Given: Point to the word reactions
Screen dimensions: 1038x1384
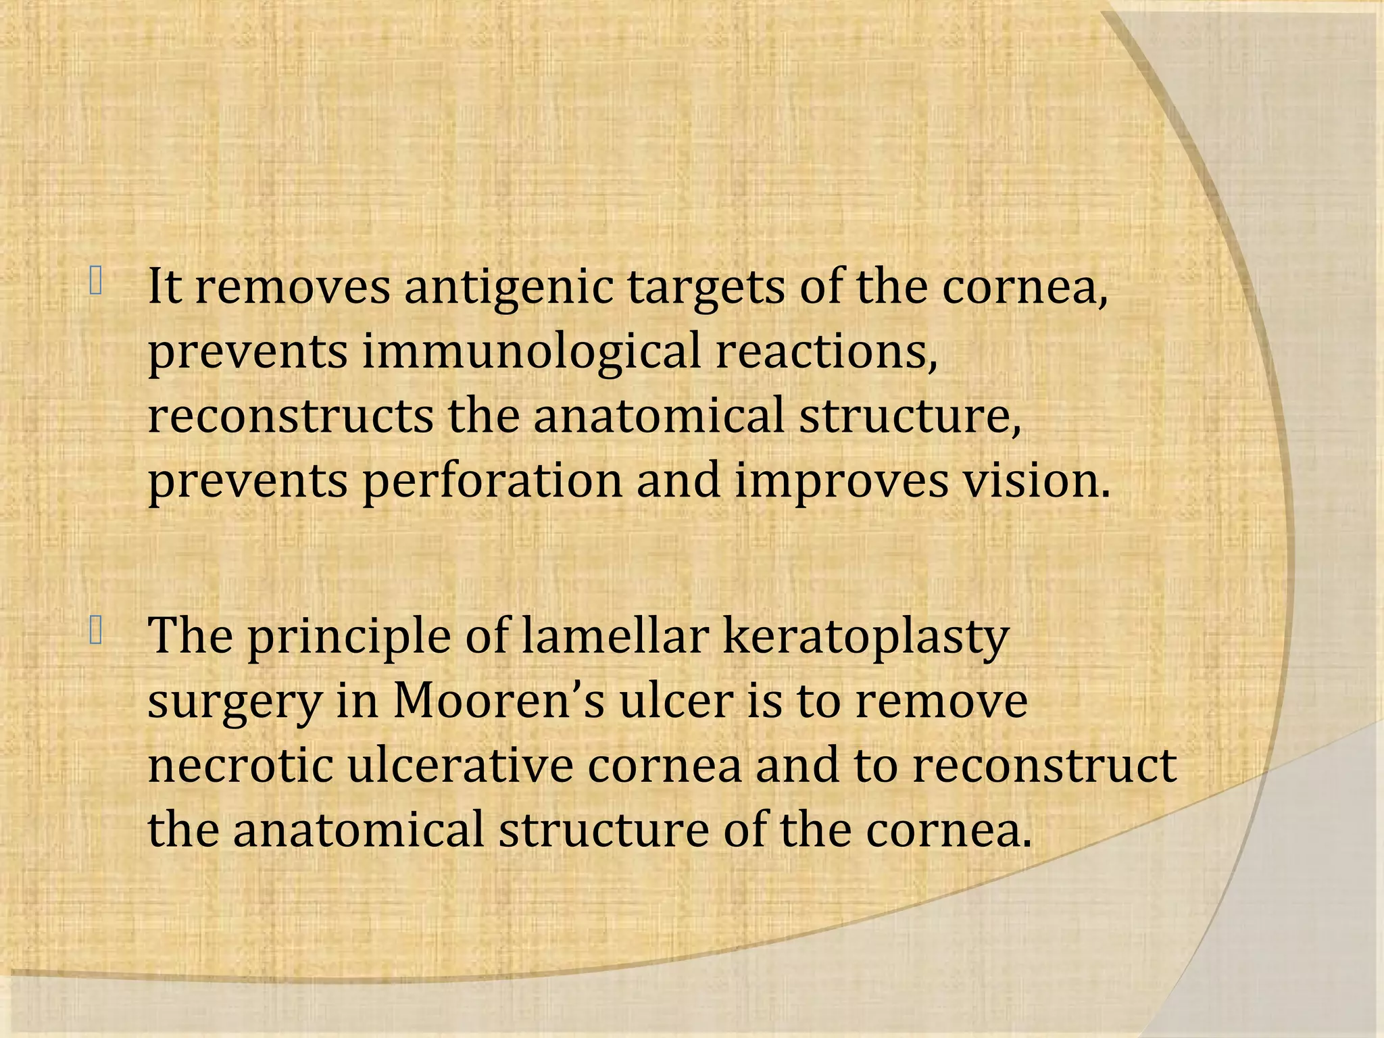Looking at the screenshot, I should point(826,352).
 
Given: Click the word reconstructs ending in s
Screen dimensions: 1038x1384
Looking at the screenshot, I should point(291,416).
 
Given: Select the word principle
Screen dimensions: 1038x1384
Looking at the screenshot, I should point(349,637).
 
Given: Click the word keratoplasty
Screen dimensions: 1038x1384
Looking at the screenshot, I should point(866,637).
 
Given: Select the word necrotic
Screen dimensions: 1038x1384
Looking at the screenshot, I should point(241,766).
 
